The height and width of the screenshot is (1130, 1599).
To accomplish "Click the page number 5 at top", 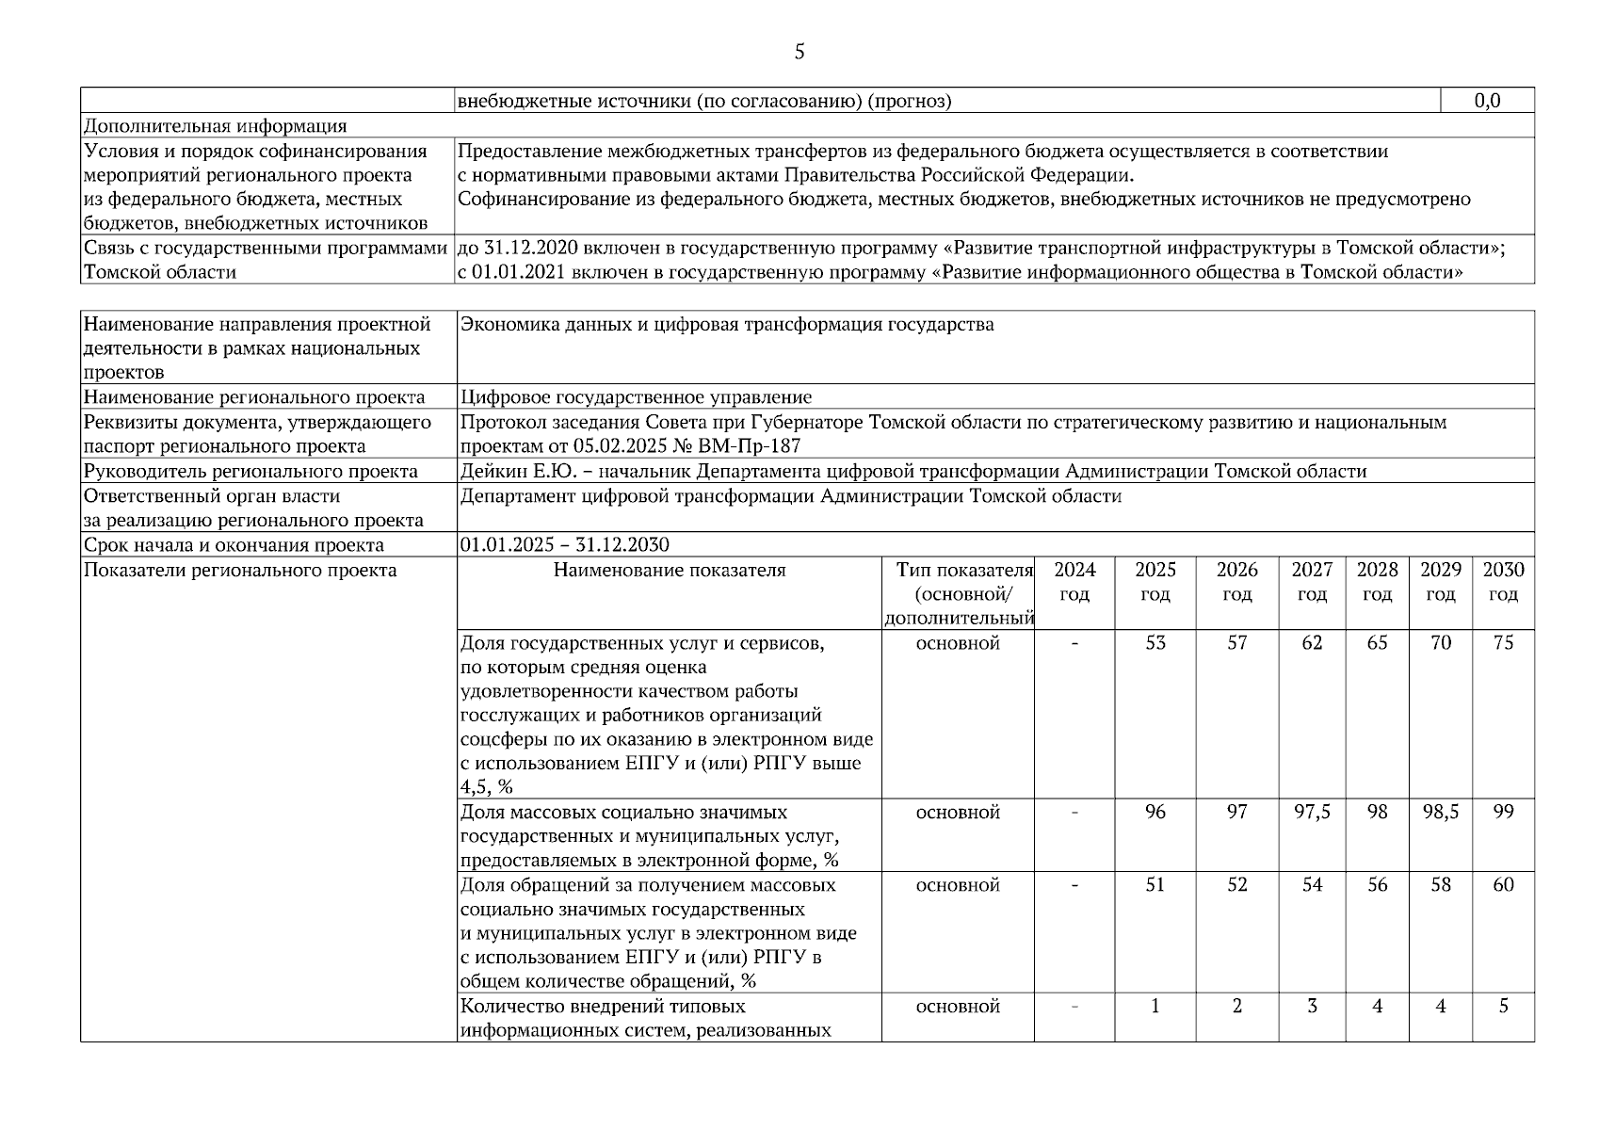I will (799, 52).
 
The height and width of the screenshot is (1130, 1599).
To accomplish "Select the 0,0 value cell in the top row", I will (1487, 101).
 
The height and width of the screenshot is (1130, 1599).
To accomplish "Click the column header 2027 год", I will (1312, 582).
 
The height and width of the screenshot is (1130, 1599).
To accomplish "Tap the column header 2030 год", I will (1503, 582).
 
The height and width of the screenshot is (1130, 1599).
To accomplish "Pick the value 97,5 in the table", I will (1312, 812).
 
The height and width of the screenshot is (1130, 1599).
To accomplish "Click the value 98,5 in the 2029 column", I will (1440, 812).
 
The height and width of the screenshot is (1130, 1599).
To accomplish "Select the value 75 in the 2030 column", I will (1503, 643).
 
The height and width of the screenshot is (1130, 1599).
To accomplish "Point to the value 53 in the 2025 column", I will (1155, 643).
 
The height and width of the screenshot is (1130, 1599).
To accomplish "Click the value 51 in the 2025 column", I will (1155, 885).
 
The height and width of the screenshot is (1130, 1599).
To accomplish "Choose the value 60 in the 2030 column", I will (1503, 885).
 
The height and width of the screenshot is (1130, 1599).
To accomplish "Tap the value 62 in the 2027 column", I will (1312, 643).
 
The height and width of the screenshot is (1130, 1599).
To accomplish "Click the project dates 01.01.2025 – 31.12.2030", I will (564, 545).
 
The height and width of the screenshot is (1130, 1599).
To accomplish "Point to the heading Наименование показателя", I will (669, 570).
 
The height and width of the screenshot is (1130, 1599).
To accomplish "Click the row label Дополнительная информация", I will (215, 126).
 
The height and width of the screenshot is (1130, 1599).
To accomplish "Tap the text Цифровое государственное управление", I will (636, 397).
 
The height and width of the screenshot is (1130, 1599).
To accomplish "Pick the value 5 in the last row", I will (1503, 1007).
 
